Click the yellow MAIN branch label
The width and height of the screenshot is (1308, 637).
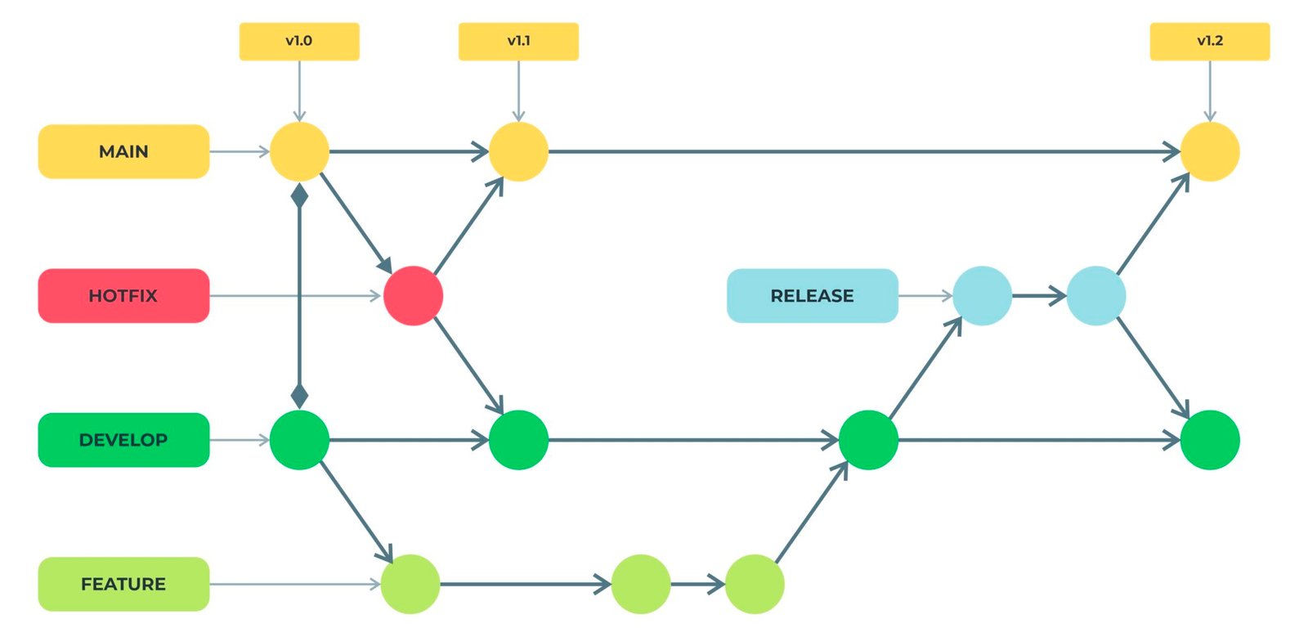point(123,151)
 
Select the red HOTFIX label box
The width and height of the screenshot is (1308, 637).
point(123,295)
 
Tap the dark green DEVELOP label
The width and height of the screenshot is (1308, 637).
point(123,440)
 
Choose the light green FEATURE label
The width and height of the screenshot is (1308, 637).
point(123,584)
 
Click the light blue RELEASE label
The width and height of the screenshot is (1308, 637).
point(813,295)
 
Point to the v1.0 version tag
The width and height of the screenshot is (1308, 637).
point(299,42)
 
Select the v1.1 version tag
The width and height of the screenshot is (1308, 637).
point(518,42)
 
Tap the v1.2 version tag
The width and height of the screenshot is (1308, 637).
point(1210,42)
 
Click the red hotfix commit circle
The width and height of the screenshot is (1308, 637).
point(414,295)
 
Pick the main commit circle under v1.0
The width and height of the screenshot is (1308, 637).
point(299,151)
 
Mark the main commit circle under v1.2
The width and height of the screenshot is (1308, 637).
point(1210,151)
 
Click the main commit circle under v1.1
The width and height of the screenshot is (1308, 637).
point(518,151)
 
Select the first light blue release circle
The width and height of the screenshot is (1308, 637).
point(982,295)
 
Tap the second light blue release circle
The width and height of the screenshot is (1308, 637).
point(1096,295)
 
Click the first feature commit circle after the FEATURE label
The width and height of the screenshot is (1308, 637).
point(410,584)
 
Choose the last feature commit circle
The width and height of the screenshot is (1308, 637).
point(755,584)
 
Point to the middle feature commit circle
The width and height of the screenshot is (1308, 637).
point(641,584)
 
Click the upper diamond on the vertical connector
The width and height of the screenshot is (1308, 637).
point(299,195)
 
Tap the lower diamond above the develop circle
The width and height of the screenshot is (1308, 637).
point(299,396)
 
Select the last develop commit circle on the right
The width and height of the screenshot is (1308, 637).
point(1210,440)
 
